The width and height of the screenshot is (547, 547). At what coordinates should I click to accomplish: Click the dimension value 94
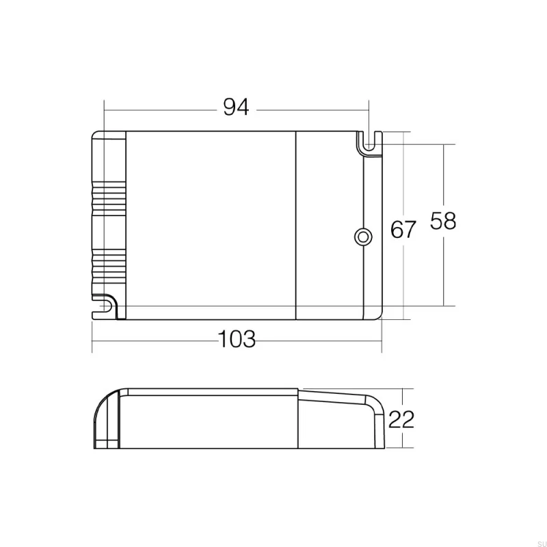tap(236, 107)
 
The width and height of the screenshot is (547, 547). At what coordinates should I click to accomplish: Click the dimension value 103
tap(237, 339)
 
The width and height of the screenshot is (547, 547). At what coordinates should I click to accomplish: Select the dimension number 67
tap(403, 230)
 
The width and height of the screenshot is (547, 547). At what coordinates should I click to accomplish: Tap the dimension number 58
tap(443, 222)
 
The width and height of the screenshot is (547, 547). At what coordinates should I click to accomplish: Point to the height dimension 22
tap(401, 418)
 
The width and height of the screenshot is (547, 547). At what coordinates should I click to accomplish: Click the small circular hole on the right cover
tap(362, 237)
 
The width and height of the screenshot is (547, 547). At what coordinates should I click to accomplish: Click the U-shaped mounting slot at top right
tap(370, 142)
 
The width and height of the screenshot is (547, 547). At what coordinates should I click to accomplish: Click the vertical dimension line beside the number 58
tap(445, 273)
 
